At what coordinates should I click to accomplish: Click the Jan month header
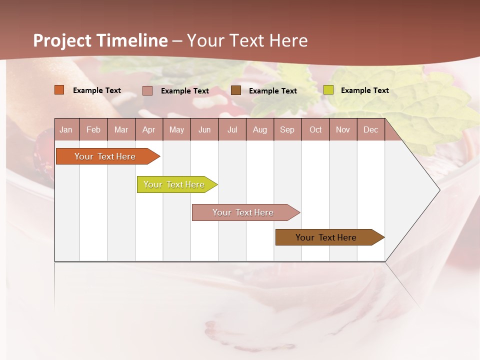click(x=66, y=129)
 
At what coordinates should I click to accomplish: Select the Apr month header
click(x=148, y=129)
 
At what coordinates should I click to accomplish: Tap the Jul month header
click(x=232, y=129)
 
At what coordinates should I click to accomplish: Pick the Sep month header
click(x=287, y=129)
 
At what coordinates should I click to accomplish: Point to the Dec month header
click(x=370, y=129)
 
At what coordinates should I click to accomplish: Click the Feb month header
click(x=93, y=129)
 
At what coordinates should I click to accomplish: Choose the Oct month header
click(x=315, y=129)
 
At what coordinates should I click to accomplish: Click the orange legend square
click(x=59, y=90)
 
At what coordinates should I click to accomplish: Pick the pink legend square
click(x=147, y=90)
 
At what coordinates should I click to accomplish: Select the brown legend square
click(x=236, y=90)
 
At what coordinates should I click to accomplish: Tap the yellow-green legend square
click(x=328, y=90)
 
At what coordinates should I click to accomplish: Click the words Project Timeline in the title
click(x=100, y=40)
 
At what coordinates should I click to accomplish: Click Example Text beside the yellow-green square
click(x=364, y=90)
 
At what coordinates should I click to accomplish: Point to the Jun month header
click(x=204, y=129)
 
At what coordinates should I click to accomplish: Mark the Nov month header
click(x=343, y=129)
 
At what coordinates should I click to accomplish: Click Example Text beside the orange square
click(x=96, y=90)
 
